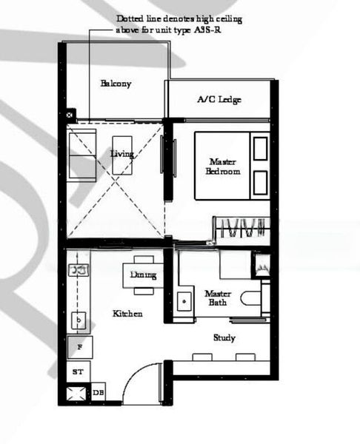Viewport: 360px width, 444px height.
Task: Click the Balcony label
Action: (x=116, y=84)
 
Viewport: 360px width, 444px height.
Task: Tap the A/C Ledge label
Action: (x=219, y=99)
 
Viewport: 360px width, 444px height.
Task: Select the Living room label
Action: (x=121, y=154)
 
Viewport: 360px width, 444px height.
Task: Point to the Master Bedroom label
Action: (x=224, y=166)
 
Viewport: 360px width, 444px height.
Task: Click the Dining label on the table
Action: (x=143, y=275)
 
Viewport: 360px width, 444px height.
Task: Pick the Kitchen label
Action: (x=127, y=314)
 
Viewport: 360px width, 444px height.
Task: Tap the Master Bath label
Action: (x=218, y=297)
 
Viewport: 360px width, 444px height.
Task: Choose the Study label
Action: (x=224, y=337)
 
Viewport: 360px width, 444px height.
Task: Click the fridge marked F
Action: (x=78, y=346)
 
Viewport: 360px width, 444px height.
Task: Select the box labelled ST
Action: (x=77, y=371)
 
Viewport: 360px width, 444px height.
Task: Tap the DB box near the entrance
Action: (x=99, y=393)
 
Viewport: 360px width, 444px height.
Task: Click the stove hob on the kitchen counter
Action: (x=76, y=269)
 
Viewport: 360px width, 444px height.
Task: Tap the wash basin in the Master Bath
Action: (x=183, y=302)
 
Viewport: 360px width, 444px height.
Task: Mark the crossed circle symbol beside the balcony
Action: (x=70, y=115)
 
